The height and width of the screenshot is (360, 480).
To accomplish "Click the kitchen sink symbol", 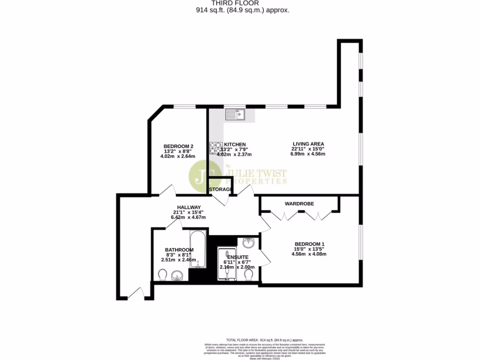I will click(235, 114).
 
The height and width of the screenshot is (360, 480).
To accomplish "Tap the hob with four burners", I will click(216, 149).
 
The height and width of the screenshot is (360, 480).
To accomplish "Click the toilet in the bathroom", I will click(162, 274).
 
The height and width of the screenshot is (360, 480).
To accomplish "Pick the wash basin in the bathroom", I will click(177, 275).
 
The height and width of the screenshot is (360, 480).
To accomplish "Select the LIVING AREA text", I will click(308, 144).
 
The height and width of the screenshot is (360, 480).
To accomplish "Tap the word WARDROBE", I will click(299, 204).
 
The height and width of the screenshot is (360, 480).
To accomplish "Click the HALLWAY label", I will click(188, 207).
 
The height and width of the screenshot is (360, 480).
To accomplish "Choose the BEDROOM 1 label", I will click(309, 244).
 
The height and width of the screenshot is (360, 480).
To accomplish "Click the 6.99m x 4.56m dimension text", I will click(308, 154).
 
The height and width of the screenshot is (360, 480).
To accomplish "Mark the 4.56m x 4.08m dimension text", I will click(309, 254).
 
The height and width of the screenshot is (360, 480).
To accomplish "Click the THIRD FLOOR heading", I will click(242, 3).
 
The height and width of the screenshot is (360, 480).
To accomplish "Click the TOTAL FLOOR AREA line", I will click(264, 340).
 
